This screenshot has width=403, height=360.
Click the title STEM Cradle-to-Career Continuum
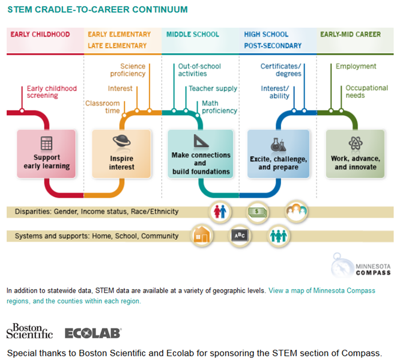pyautogui.click(x=97, y=10)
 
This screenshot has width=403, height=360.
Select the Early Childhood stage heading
pyautogui.click(x=40, y=35)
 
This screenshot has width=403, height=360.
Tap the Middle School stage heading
pyautogui.click(x=192, y=35)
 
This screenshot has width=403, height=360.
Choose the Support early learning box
pyautogui.click(x=46, y=154)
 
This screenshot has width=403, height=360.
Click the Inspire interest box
pyautogui.click(x=121, y=154)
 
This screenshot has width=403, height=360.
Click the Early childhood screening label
pyautogui.click(x=50, y=91)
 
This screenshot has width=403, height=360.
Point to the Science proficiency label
pyautogui.click(x=127, y=70)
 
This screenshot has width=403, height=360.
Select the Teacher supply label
pyautogui.click(x=213, y=88)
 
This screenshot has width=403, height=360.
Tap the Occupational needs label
pyautogui.click(x=366, y=91)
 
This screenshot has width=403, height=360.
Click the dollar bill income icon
pyautogui.click(x=258, y=212)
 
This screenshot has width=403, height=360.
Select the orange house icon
pyautogui.click(x=201, y=235)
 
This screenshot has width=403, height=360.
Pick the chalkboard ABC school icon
pyautogui.click(x=240, y=235)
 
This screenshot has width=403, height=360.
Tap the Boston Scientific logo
pyautogui.click(x=29, y=331)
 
